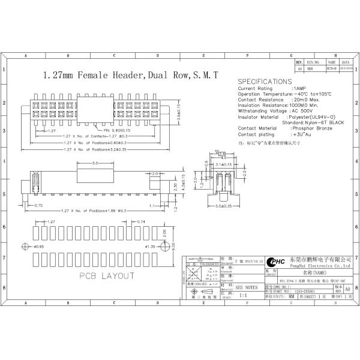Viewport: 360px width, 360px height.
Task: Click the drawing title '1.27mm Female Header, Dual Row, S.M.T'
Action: click(129, 76)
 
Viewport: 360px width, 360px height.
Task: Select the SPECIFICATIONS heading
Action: click(265, 82)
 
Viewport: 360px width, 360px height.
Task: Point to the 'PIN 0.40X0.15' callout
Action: click(116, 130)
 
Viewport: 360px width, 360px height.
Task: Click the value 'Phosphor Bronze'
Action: click(311, 128)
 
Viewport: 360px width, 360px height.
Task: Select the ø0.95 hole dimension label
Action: click(38, 247)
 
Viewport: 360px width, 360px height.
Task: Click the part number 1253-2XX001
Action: click(302, 290)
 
